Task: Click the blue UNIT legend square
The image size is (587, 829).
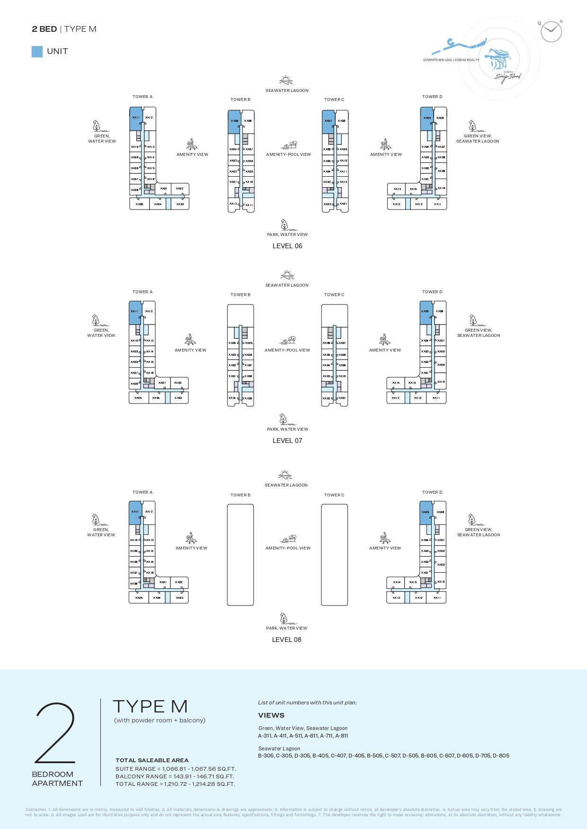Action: pos(37,52)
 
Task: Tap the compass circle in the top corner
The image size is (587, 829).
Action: pos(551,32)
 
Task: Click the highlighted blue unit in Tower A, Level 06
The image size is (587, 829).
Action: pos(136,118)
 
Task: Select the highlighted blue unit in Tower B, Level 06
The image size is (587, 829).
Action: pos(234,122)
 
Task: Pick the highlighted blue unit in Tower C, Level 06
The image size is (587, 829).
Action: pos(328,122)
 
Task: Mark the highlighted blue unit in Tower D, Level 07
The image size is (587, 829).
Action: pos(426,313)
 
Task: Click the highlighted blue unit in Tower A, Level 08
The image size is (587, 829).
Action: pos(135,513)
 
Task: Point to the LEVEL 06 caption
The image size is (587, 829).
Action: pos(287,246)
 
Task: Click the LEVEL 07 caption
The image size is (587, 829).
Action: pos(287,441)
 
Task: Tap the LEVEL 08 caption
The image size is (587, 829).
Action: pos(286,640)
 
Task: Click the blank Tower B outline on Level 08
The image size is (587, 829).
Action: pos(240,555)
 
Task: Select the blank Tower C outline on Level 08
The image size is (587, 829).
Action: pos(334,555)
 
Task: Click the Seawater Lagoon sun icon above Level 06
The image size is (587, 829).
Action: pos(286,80)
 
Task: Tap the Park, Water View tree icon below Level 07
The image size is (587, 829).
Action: pos(283,419)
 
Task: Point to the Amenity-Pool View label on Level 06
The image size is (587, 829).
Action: pos(288,154)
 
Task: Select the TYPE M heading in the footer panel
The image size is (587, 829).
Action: pos(151,707)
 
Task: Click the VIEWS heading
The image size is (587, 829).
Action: pos(271,715)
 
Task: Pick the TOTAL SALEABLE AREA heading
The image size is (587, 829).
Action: pos(152,760)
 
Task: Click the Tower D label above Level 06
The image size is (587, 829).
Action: pos(432,97)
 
